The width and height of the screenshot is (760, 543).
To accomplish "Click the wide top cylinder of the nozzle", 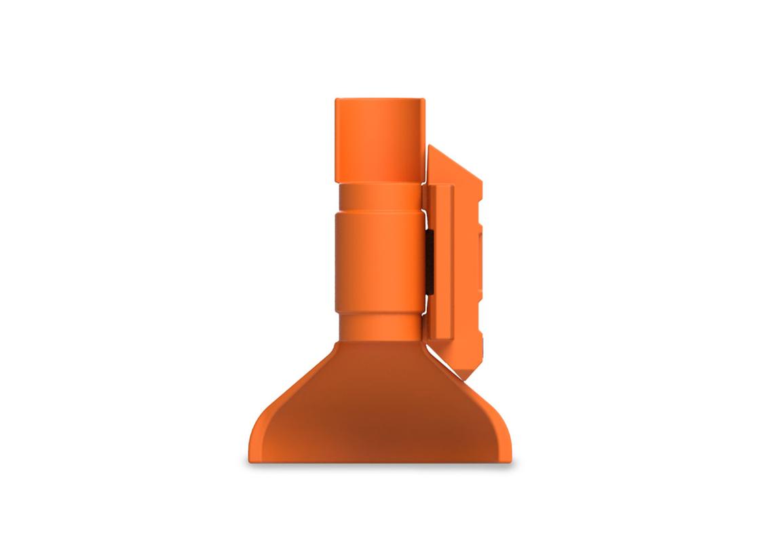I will coord(379,140).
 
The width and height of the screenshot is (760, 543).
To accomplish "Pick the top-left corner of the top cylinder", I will coord(337,100).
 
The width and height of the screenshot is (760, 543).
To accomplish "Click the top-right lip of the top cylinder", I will coord(423,102).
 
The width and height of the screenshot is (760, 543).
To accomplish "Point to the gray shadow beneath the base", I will coord(380,468).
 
